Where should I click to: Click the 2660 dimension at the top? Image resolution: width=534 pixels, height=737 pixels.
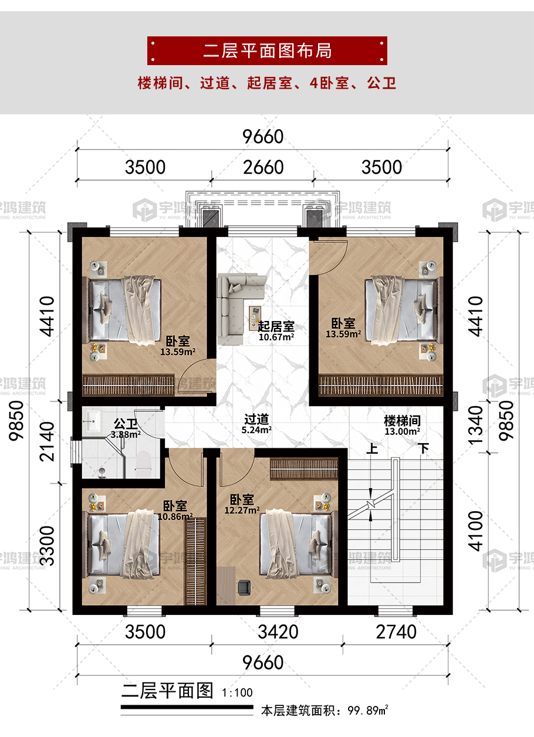263,167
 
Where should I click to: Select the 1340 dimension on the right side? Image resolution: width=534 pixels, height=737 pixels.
475,425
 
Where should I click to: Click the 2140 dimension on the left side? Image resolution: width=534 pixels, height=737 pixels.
46,441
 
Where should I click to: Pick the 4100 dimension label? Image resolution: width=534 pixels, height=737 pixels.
475,531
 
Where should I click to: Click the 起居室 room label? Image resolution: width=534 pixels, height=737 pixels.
276,326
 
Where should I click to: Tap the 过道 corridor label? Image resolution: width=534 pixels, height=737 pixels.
256,420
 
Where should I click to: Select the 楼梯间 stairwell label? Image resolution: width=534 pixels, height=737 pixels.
402,421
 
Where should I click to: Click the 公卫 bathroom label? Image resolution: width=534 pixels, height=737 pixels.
126,424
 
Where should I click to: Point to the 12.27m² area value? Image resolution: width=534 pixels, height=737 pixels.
242,511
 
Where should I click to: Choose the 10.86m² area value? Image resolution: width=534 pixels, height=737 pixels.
175,516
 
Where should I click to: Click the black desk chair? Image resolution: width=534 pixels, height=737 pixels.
244,588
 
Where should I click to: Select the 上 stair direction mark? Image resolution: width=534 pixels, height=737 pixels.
372,448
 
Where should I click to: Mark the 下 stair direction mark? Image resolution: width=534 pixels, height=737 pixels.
424,448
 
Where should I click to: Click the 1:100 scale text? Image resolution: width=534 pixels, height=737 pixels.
237,692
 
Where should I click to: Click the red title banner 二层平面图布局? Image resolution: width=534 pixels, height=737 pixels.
267,50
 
